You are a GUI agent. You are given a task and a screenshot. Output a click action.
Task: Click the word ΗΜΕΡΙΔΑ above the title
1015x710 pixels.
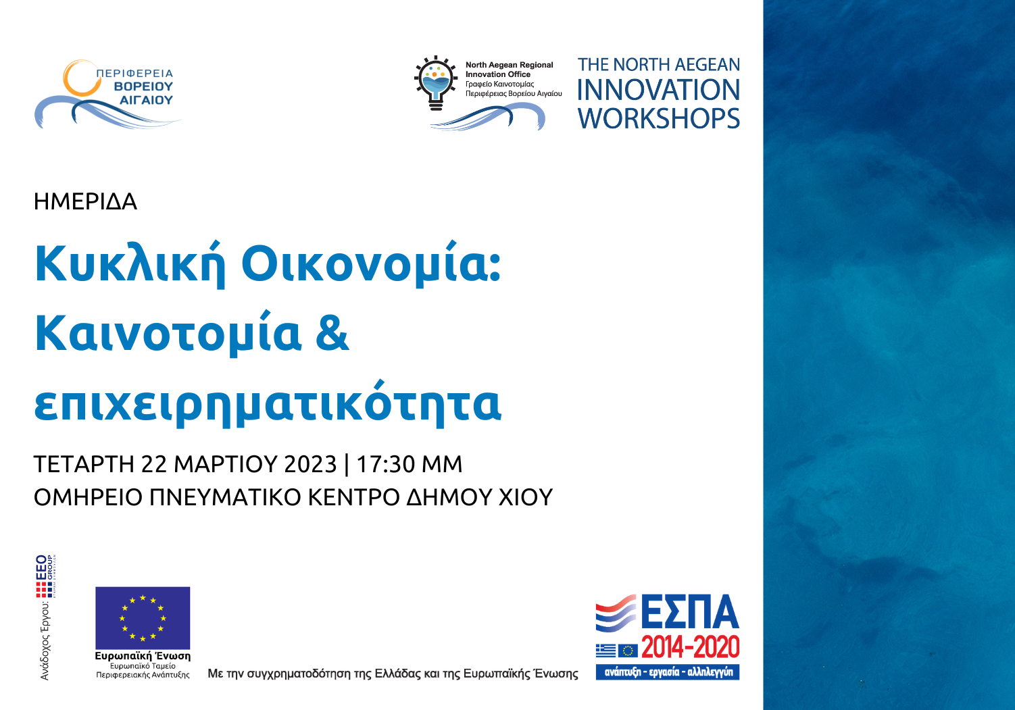(x=85, y=201)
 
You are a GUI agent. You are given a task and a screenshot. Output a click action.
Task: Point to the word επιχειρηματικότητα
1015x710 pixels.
(x=268, y=403)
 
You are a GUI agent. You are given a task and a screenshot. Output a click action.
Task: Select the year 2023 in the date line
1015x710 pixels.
(x=310, y=465)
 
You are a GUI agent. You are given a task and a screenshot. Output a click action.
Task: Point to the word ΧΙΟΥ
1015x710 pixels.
(x=525, y=498)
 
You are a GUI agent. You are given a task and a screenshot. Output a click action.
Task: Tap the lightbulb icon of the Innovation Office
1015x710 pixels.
(x=436, y=82)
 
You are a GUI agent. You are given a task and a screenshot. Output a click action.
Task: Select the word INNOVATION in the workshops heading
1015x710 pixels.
(x=659, y=91)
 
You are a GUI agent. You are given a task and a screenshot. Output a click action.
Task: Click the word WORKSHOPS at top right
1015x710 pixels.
(x=659, y=119)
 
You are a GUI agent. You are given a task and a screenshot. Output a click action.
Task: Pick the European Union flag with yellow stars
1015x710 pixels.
(x=143, y=617)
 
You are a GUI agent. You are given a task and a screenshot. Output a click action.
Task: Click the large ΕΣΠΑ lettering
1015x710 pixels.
(x=689, y=612)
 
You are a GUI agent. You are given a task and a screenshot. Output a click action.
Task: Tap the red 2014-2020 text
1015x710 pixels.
(x=690, y=649)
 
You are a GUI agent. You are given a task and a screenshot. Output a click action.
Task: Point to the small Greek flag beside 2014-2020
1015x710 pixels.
(x=605, y=650)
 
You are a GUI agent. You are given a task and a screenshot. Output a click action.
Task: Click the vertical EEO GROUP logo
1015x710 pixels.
(x=46, y=576)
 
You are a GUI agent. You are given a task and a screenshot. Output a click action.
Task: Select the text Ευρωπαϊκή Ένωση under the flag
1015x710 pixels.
(x=143, y=656)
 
